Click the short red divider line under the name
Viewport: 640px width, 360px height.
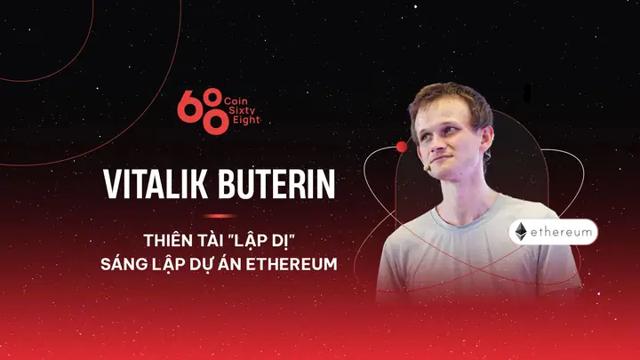219,215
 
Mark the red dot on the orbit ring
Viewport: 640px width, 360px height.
401,146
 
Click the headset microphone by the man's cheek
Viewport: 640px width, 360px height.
428,165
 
